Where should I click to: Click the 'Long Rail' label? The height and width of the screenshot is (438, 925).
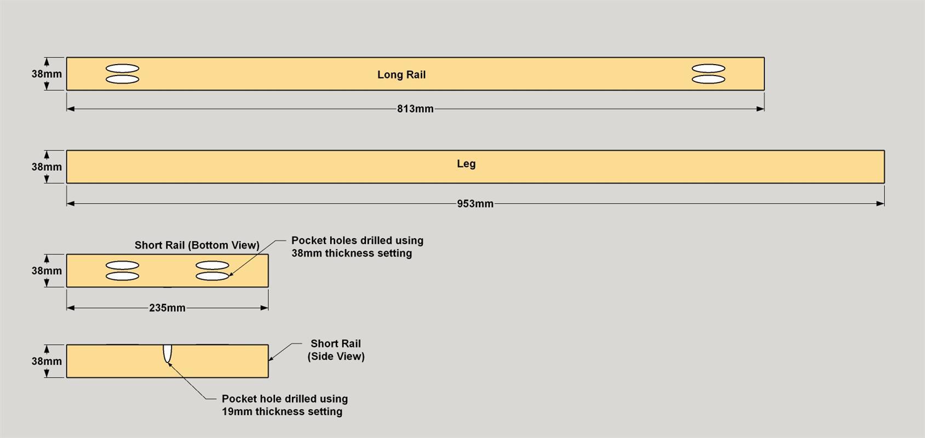click(x=401, y=74)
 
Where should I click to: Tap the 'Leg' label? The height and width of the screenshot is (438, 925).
click(x=466, y=164)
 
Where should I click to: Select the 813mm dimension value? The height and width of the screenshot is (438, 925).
click(x=416, y=109)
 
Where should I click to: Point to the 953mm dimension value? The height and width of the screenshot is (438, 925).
click(x=475, y=204)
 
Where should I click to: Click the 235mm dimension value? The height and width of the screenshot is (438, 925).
click(x=167, y=308)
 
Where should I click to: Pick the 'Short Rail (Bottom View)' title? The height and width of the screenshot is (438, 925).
click(x=197, y=245)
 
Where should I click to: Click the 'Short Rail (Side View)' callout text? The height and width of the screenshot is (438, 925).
click(x=336, y=350)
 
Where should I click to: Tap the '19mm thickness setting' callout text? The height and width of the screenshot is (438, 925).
click(x=282, y=412)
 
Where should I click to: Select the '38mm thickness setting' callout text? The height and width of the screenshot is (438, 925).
click(x=352, y=253)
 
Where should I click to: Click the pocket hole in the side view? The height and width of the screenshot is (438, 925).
click(x=167, y=354)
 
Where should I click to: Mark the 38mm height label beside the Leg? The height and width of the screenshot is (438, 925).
click(x=47, y=167)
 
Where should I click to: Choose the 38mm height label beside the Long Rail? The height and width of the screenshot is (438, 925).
click(x=47, y=74)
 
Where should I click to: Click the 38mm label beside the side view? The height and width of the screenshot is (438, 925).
click(x=47, y=361)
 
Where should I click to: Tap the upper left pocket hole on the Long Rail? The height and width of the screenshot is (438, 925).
click(x=122, y=68)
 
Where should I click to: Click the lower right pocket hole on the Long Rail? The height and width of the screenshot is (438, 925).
click(x=709, y=79)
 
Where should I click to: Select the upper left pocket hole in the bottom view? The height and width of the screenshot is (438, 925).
click(x=122, y=266)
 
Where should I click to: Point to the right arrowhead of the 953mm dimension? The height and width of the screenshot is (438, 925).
click(x=881, y=204)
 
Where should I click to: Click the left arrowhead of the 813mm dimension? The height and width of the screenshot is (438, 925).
click(x=71, y=109)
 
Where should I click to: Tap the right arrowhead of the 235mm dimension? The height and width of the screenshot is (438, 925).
click(x=265, y=308)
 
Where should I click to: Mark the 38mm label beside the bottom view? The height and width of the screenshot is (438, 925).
click(x=47, y=271)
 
